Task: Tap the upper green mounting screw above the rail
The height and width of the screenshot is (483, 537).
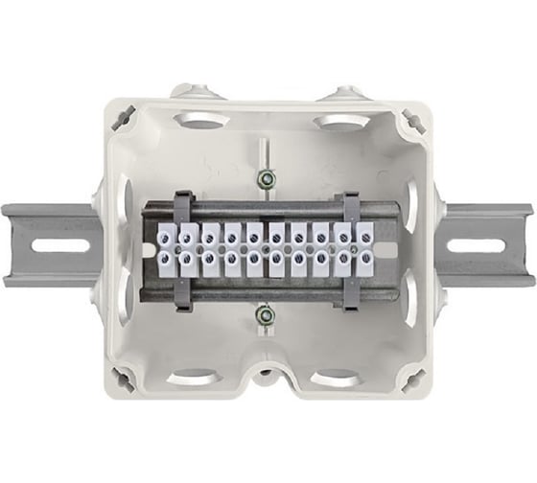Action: click(267, 178)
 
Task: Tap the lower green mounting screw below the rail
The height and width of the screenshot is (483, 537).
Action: click(267, 314)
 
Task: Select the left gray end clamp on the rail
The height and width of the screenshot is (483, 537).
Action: click(182, 250)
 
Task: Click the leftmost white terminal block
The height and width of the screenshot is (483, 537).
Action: click(165, 246)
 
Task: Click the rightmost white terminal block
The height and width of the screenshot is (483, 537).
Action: click(364, 246)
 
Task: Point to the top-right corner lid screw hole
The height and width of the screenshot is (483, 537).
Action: click(412, 120)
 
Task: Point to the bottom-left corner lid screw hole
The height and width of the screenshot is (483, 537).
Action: click(123, 379)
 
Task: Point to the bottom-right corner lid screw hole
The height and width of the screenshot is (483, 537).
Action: click(412, 379)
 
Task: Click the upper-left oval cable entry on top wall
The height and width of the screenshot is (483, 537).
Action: click(201, 122)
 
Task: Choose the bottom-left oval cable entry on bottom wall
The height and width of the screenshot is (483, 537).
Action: click(197, 377)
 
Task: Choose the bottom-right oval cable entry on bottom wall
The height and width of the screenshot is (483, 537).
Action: click(336, 377)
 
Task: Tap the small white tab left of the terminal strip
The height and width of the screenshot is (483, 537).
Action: click(150, 251)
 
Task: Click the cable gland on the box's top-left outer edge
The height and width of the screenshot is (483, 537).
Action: click(186, 91)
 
